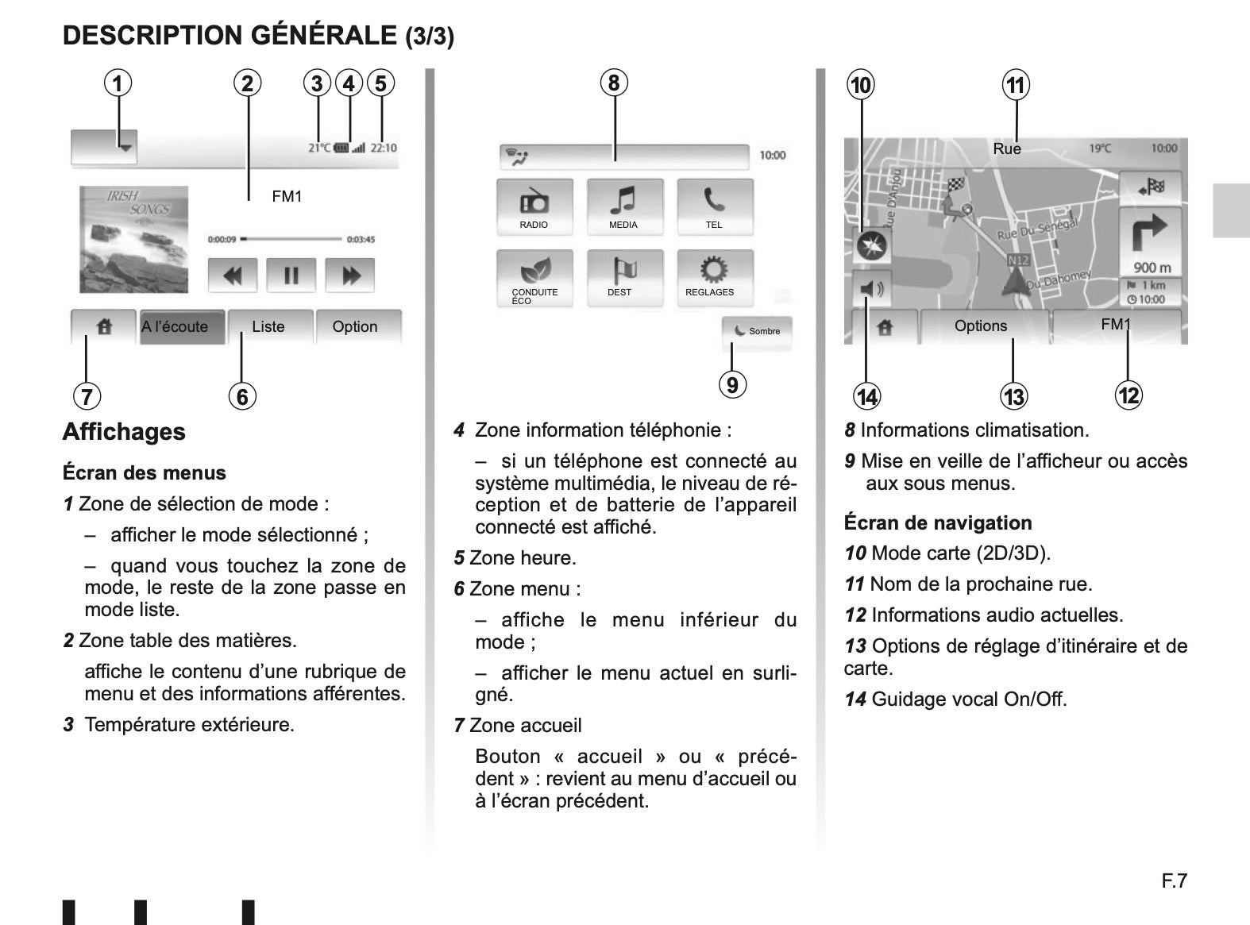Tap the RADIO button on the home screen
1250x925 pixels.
click(534, 207)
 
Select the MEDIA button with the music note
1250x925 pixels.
click(624, 207)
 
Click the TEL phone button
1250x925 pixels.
click(715, 207)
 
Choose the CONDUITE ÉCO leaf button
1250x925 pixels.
click(534, 279)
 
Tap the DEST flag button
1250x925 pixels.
click(624, 279)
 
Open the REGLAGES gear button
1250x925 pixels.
click(715, 279)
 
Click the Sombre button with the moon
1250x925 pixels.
click(756, 333)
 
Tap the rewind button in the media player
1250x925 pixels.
click(232, 276)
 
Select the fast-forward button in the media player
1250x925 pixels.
click(350, 276)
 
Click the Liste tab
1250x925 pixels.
click(269, 327)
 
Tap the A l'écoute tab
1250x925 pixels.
click(182, 327)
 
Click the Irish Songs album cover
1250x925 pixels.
click(133, 240)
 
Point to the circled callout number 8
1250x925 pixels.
click(614, 83)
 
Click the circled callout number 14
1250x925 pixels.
click(866, 396)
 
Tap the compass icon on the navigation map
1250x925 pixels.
click(871, 246)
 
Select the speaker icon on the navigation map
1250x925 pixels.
click(871, 289)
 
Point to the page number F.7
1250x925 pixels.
click(1175, 881)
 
